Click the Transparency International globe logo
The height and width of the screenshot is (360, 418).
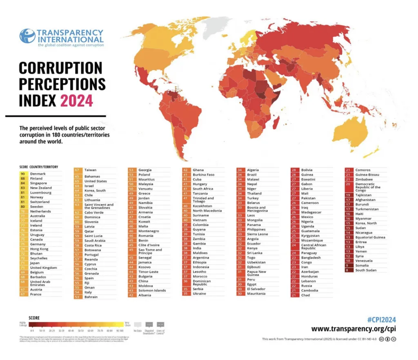[x=27, y=36]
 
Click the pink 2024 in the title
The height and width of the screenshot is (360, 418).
[x=77, y=100]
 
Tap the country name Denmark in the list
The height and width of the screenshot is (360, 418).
[x=38, y=174]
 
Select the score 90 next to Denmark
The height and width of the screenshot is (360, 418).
[x=23, y=174]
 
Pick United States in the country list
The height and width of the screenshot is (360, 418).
[x=96, y=181]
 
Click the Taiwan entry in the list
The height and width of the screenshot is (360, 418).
[x=90, y=170]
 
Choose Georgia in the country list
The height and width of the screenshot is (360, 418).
[x=145, y=170]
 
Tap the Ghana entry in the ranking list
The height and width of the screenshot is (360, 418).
[x=198, y=170]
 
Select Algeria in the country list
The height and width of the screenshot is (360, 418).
[x=253, y=170]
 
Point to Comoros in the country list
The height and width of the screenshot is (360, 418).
[x=363, y=170]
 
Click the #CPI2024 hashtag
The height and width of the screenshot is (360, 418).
[x=382, y=320]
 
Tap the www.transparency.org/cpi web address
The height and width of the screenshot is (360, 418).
[x=354, y=329]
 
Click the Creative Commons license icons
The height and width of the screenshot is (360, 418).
[x=387, y=339]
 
